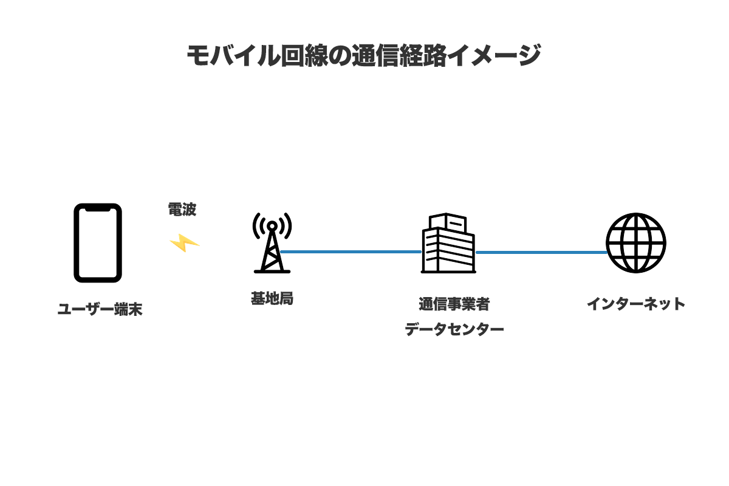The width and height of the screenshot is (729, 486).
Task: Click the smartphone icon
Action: [x=98, y=243]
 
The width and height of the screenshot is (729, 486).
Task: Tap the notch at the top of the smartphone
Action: [x=98, y=208]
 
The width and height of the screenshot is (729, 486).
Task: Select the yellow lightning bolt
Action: [x=184, y=243]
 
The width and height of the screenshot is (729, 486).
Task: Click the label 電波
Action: [x=182, y=210]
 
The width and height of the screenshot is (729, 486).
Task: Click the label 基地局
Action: [x=272, y=299]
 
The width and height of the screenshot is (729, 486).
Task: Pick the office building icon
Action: [x=448, y=243]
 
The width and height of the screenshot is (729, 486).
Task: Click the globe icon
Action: [x=636, y=242]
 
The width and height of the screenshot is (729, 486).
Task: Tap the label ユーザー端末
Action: [x=100, y=310]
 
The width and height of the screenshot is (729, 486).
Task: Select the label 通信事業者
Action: [x=454, y=304]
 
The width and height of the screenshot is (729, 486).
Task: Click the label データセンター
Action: [x=454, y=330]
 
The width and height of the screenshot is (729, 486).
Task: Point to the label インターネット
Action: [x=636, y=304]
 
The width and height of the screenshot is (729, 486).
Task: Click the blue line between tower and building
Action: [x=351, y=252]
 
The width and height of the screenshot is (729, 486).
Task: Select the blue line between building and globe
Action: [x=541, y=252]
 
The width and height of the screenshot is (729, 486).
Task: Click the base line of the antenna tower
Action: [x=272, y=271]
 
